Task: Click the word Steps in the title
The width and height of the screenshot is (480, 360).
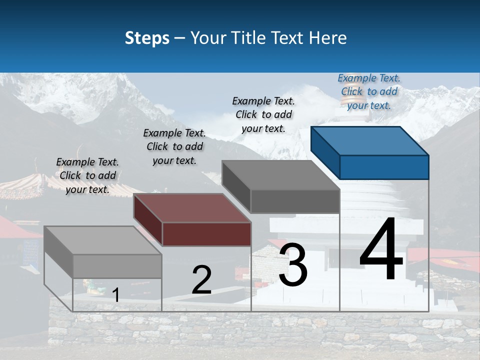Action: [147, 38]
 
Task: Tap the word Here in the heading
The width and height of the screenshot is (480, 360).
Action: [328, 38]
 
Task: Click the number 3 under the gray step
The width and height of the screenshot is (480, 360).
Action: [293, 264]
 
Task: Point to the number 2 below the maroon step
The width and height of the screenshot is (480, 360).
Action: [201, 280]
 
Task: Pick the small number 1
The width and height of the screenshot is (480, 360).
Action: [115, 295]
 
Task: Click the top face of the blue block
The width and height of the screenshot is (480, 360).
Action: [369, 140]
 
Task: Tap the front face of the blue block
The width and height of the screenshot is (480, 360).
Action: [384, 167]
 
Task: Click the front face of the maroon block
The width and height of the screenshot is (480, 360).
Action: [206, 234]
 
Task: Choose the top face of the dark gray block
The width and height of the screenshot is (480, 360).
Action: [280, 174]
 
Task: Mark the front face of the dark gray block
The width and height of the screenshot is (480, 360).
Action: [295, 201]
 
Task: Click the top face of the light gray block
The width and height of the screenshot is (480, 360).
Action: [102, 240]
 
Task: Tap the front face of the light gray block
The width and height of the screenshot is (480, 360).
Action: [117, 266]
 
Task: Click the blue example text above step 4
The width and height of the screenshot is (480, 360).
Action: [369, 91]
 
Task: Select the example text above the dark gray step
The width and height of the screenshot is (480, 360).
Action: [263, 114]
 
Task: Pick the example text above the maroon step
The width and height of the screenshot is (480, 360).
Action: [174, 146]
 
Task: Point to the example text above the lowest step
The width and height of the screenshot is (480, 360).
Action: [87, 175]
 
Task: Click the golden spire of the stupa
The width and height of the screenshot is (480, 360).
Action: [346, 102]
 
